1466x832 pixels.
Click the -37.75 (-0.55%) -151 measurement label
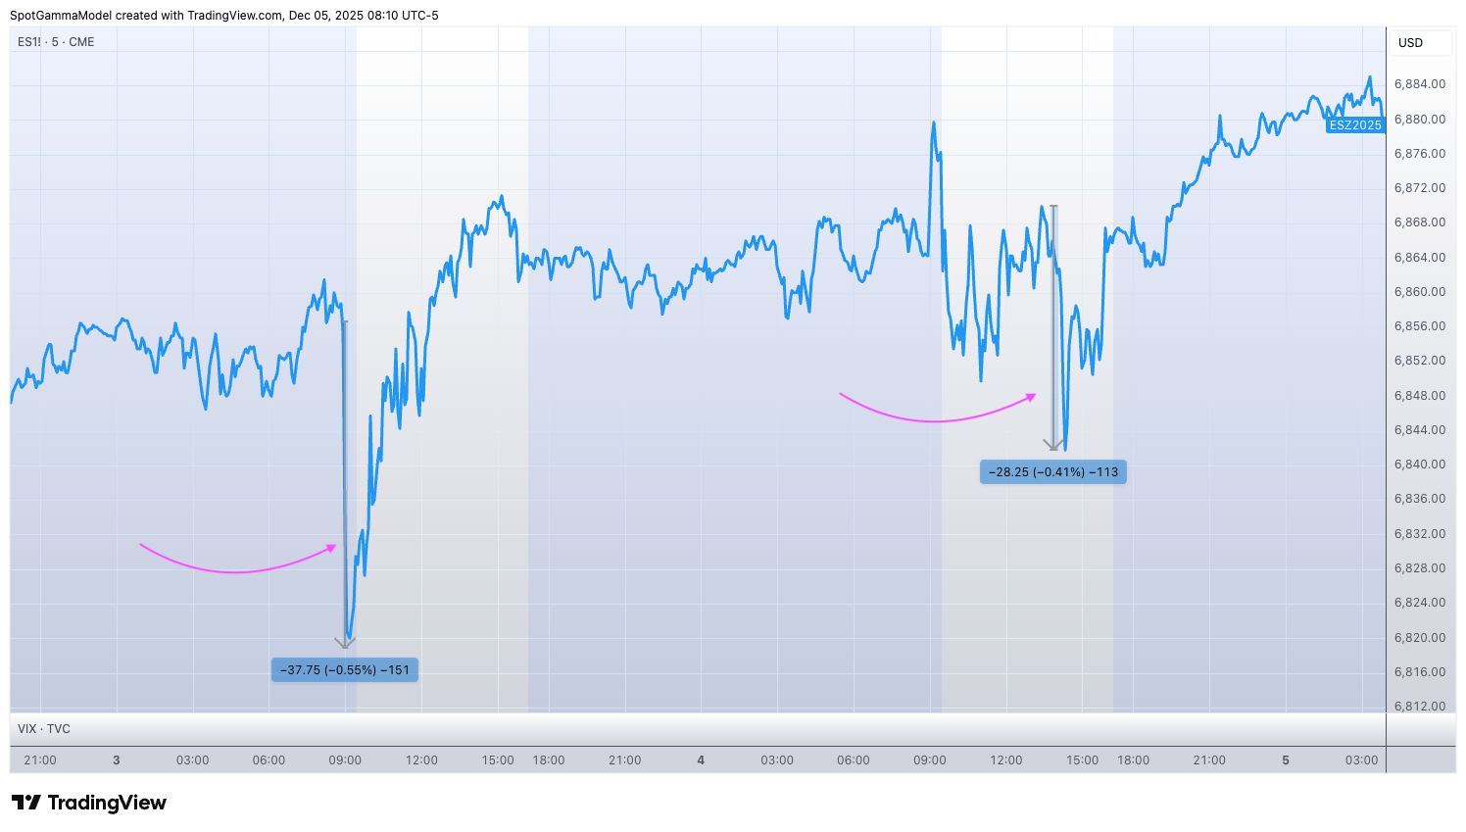(x=345, y=670)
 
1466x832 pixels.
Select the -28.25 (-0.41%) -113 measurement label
(x=1053, y=472)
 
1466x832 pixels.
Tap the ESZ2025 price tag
(x=1355, y=125)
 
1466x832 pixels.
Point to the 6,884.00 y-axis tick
(x=1420, y=84)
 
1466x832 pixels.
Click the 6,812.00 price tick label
(x=1420, y=707)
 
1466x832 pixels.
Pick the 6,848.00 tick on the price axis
(x=1420, y=396)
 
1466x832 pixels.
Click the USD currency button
(x=1411, y=43)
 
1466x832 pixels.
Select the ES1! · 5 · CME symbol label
(x=56, y=42)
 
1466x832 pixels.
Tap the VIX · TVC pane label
(x=44, y=729)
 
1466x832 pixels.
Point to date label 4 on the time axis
(x=701, y=760)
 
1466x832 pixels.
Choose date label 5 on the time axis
(x=1286, y=760)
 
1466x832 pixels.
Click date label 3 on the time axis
(x=117, y=760)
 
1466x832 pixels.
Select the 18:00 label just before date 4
(x=549, y=760)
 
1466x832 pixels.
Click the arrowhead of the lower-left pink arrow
(x=333, y=547)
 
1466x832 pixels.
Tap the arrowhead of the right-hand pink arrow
(x=1032, y=396)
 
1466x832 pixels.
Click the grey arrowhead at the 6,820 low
(x=345, y=643)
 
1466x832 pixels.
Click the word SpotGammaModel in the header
(x=61, y=16)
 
